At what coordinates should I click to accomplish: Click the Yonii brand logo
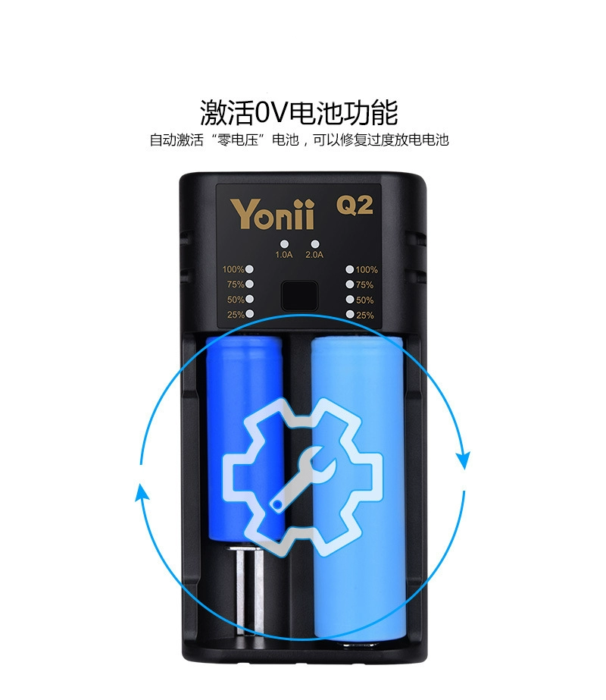click(x=272, y=215)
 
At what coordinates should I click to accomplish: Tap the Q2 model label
click(x=355, y=206)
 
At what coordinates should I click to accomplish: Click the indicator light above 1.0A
click(x=284, y=244)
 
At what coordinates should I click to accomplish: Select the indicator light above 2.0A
click(x=315, y=244)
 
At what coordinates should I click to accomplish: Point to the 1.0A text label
click(x=283, y=255)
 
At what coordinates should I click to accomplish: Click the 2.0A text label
click(x=314, y=255)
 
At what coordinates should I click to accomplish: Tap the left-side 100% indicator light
click(x=249, y=269)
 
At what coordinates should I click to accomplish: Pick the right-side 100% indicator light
click(x=350, y=269)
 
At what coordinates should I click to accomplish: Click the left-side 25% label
click(x=236, y=315)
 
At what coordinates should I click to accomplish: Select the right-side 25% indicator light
click(x=350, y=315)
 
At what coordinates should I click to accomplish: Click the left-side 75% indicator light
click(x=249, y=284)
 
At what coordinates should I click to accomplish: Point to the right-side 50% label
click(x=365, y=300)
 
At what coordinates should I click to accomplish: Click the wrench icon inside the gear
click(x=303, y=478)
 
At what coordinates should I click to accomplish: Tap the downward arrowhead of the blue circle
click(x=464, y=460)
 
